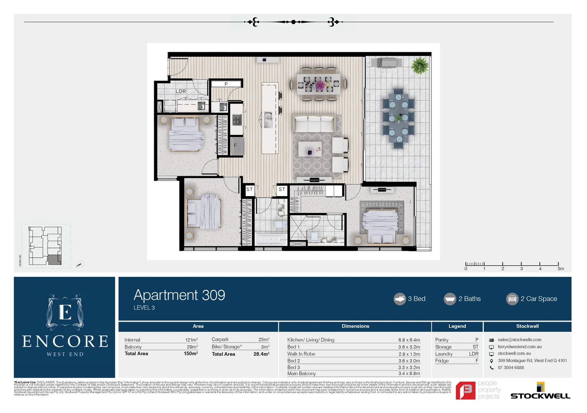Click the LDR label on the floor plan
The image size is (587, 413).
pos(181,91)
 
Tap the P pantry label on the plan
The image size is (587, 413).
pos(226,84)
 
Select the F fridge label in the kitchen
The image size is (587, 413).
pos(235,146)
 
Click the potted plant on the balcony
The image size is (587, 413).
pos(420,65)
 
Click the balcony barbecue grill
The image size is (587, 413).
pos(389,62)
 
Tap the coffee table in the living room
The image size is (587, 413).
pos(310,149)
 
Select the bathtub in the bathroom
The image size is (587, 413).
pos(271,240)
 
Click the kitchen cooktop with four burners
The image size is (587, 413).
pos(237,120)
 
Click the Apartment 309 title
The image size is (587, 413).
pos(179,295)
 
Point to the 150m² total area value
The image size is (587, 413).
pos(190,354)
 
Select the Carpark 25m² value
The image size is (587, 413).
pos(263,340)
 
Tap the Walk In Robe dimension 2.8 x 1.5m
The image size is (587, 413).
pos(409,354)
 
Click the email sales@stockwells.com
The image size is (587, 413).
pos(519,340)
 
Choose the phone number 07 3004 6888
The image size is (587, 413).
pos(511,368)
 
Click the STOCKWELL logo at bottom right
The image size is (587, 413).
pos(540,392)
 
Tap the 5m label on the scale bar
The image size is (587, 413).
pos(560,269)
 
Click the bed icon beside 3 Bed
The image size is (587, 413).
pos(400,299)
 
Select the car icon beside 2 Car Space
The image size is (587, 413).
pos(512,299)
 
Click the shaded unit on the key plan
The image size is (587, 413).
pos(54,260)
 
